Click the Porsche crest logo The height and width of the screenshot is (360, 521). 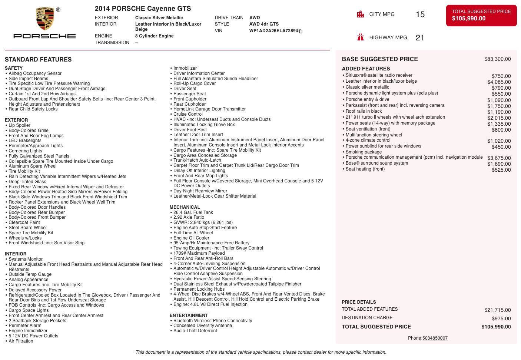pyautogui.click(x=45, y=19)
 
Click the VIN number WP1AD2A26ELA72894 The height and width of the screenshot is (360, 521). pyautogui.click(x=273, y=31)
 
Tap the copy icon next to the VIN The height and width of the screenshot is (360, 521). pyautogui.click(x=301, y=31)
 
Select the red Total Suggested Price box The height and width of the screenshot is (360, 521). pyautogui.click(x=481, y=15)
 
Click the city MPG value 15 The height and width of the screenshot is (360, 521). pyautogui.click(x=420, y=14)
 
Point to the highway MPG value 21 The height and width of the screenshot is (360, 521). pyautogui.click(x=420, y=37)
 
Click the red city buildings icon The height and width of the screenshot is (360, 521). pyautogui.click(x=360, y=14)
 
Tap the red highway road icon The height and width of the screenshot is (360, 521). pyautogui.click(x=360, y=37)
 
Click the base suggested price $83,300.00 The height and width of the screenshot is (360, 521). pyautogui.click(x=497, y=59)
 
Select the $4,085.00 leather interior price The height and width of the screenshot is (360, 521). pyautogui.click(x=499, y=82)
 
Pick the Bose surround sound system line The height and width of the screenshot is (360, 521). pyautogui.click(x=376, y=163)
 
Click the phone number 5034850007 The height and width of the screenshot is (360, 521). pyautogui.click(x=435, y=338)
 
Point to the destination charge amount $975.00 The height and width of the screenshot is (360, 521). pyautogui.click(x=501, y=318)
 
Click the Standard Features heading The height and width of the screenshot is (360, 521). pyautogui.click(x=38, y=59)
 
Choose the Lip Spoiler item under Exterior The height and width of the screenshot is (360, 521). pyautogui.click(x=19, y=125)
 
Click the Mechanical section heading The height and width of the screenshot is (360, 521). pyautogui.click(x=185, y=207)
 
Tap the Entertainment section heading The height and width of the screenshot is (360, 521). pyautogui.click(x=189, y=316)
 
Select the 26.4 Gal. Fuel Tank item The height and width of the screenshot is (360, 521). pyautogui.click(x=193, y=212)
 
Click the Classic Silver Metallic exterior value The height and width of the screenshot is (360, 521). pyautogui.click(x=159, y=18)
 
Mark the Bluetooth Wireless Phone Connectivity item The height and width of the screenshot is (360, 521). pyautogui.click(x=212, y=321)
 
